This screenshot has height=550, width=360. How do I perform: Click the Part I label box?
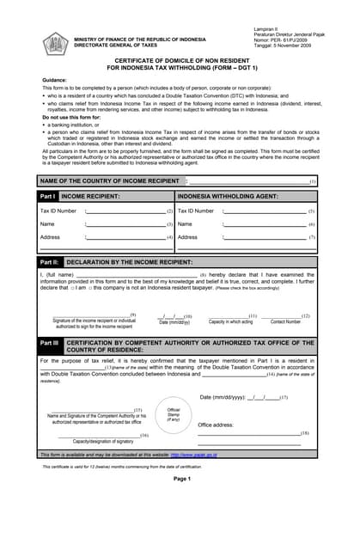pos(48,197)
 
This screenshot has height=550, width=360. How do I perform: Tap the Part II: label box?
pos(50,260)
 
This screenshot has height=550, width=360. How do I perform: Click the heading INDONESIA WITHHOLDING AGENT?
pos(227,197)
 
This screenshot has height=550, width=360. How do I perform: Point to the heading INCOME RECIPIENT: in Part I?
pos(90,197)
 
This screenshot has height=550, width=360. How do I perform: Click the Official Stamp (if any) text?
pos(174,414)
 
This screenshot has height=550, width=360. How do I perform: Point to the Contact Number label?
pos(286,321)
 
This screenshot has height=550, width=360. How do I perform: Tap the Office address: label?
pos(217,425)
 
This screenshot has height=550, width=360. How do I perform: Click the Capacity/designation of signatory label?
pos(102,440)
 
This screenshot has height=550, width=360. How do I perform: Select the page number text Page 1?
pos(181,479)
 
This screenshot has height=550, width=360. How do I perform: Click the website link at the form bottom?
pos(192,455)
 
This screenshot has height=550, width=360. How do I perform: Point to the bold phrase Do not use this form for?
pos(72,116)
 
